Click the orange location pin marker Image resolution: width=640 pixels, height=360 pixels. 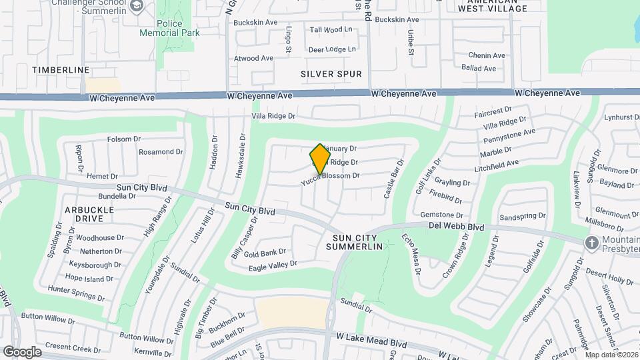[320, 159]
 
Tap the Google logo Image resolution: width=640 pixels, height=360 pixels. [22, 352]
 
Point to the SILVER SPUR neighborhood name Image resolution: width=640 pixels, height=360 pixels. [331, 74]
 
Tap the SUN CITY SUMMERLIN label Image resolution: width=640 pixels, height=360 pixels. [354, 242]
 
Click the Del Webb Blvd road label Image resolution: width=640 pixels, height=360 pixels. [456, 227]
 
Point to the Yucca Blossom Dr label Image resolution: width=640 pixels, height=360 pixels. [331, 177]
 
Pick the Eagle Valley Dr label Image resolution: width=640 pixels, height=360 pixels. [272, 265]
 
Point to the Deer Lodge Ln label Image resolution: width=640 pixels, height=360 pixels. [333, 49]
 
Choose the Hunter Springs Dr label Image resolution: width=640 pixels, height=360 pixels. [77, 289]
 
